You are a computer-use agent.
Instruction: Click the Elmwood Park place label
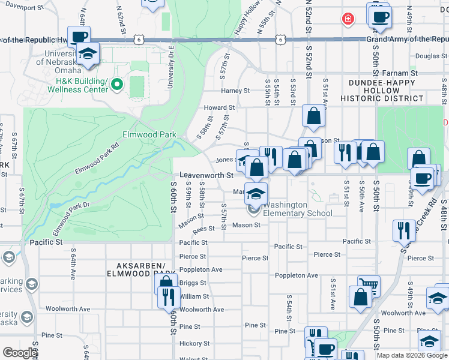[149, 135]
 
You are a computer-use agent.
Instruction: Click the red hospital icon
[347, 19]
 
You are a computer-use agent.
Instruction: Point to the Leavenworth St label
[206, 175]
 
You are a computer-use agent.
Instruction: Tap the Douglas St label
[427, 56]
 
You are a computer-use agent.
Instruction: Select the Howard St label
[215, 108]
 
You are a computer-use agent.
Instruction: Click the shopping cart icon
[368, 285]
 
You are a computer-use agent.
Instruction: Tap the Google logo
[19, 353]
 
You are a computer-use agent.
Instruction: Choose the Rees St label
[203, 229]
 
